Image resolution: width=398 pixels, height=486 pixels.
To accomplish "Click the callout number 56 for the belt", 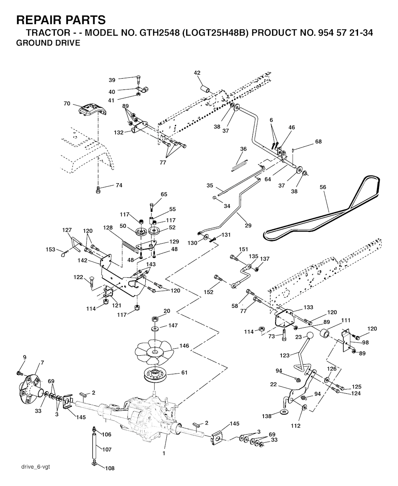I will tap(323, 187).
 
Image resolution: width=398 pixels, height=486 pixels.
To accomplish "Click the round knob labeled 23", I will tap(310, 337).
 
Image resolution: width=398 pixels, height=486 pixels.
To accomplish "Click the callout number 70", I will tap(67, 104).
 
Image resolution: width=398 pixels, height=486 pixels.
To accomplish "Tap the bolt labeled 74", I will tap(98, 189).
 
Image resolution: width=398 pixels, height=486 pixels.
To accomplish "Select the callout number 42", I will tap(197, 73).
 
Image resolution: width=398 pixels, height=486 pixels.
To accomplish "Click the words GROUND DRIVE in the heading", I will tap(48, 43).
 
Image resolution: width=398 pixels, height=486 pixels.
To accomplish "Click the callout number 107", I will tap(106, 449).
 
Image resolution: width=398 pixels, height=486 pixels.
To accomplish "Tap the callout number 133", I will tap(308, 307).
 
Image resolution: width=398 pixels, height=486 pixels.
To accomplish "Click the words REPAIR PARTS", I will tap(61, 19).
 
